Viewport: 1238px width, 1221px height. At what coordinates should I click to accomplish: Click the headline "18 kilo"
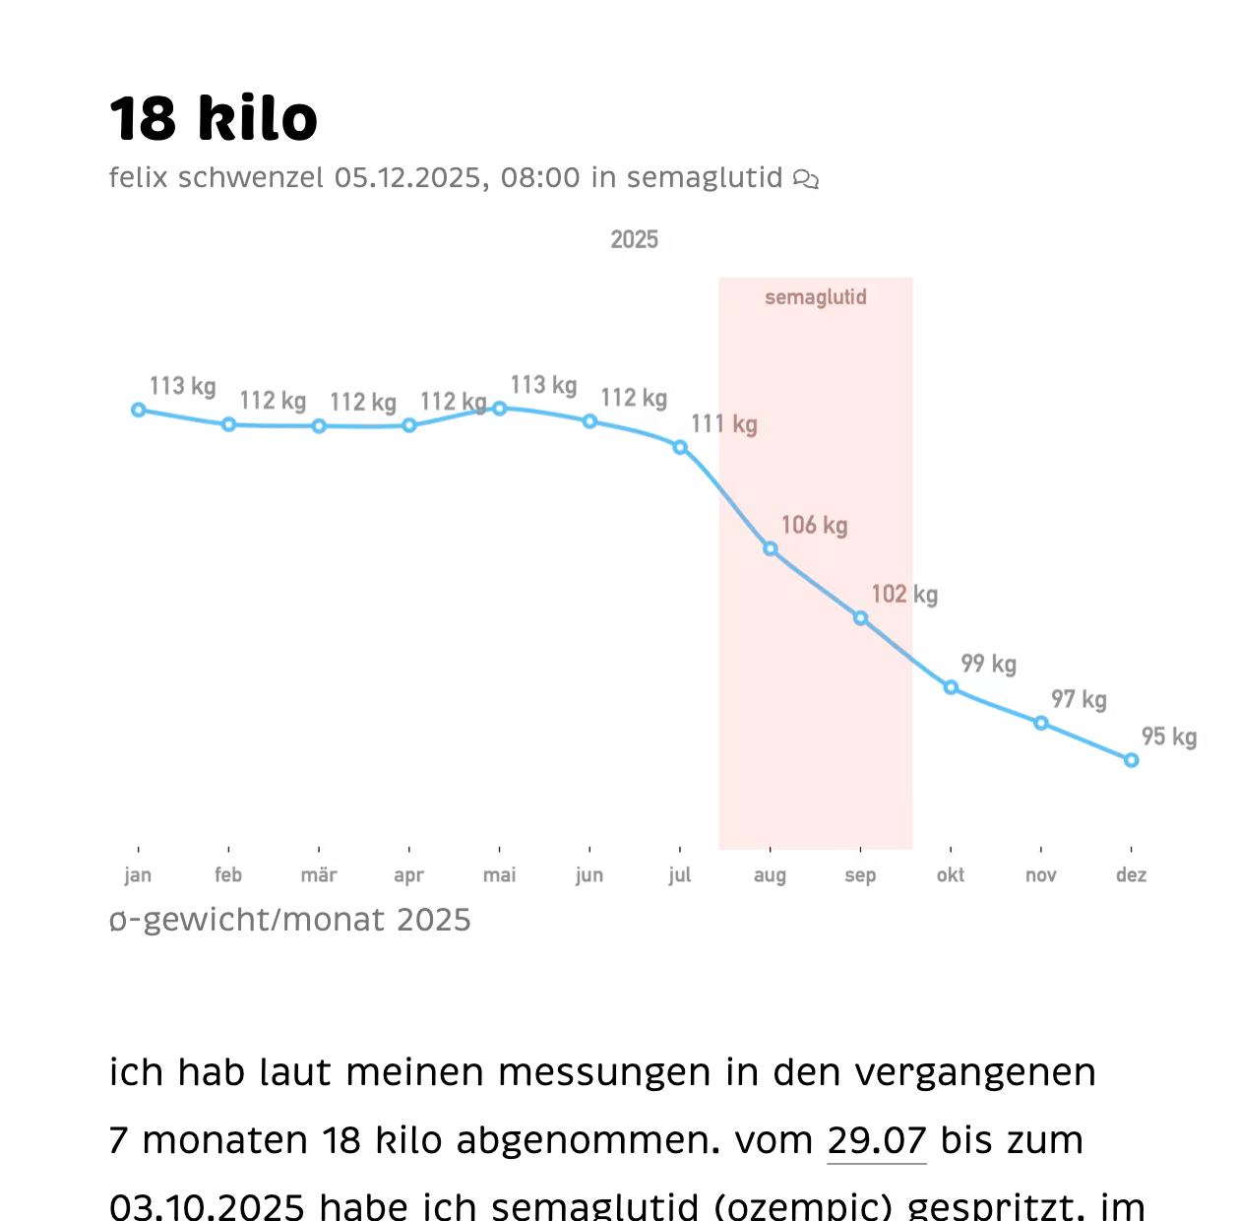[x=214, y=119]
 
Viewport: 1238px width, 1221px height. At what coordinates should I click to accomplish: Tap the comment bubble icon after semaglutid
[x=806, y=179]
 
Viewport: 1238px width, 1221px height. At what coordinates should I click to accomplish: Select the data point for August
[x=771, y=549]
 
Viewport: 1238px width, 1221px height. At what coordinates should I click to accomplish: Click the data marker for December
[x=1131, y=760]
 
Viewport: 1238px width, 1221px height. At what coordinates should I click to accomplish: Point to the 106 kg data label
[x=814, y=526]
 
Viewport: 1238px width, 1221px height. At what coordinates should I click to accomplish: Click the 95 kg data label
[x=1168, y=738]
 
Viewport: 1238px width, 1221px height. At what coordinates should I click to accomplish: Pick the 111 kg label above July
[x=723, y=424]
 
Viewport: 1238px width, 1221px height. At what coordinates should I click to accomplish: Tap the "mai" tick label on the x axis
[x=499, y=875]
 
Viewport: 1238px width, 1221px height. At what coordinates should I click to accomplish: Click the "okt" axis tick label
[x=951, y=875]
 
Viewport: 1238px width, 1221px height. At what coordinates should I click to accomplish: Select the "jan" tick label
[x=138, y=875]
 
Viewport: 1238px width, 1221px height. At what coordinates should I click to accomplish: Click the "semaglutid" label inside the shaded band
[x=816, y=297]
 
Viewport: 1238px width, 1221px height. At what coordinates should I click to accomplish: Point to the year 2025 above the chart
[x=634, y=240]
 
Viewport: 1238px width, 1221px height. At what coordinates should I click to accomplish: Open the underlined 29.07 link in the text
[x=877, y=1140]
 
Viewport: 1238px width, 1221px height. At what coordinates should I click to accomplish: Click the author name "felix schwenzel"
[x=216, y=178]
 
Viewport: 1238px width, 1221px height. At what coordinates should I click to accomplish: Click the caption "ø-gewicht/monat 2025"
[x=290, y=920]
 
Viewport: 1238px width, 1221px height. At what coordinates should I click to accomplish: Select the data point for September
[x=860, y=618]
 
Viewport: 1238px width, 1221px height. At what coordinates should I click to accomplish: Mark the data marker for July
[x=680, y=448]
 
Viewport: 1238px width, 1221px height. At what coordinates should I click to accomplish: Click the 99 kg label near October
[x=988, y=664]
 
